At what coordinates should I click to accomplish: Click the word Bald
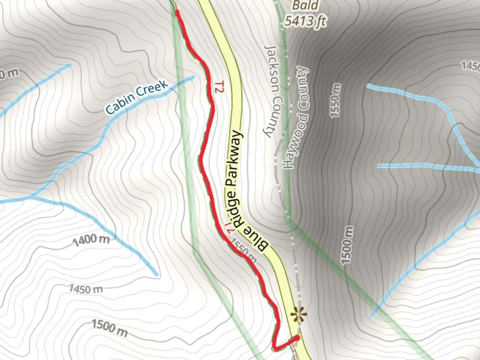[305, 5]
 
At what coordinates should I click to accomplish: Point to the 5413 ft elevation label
[305, 21]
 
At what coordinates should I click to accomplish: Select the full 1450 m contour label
[86, 289]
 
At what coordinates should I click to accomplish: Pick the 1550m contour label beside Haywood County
[335, 100]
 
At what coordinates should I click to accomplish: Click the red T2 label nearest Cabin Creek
[218, 86]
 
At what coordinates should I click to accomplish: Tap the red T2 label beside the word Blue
[230, 228]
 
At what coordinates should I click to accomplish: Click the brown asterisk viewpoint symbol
[298, 314]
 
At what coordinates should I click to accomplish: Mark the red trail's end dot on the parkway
[297, 338]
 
